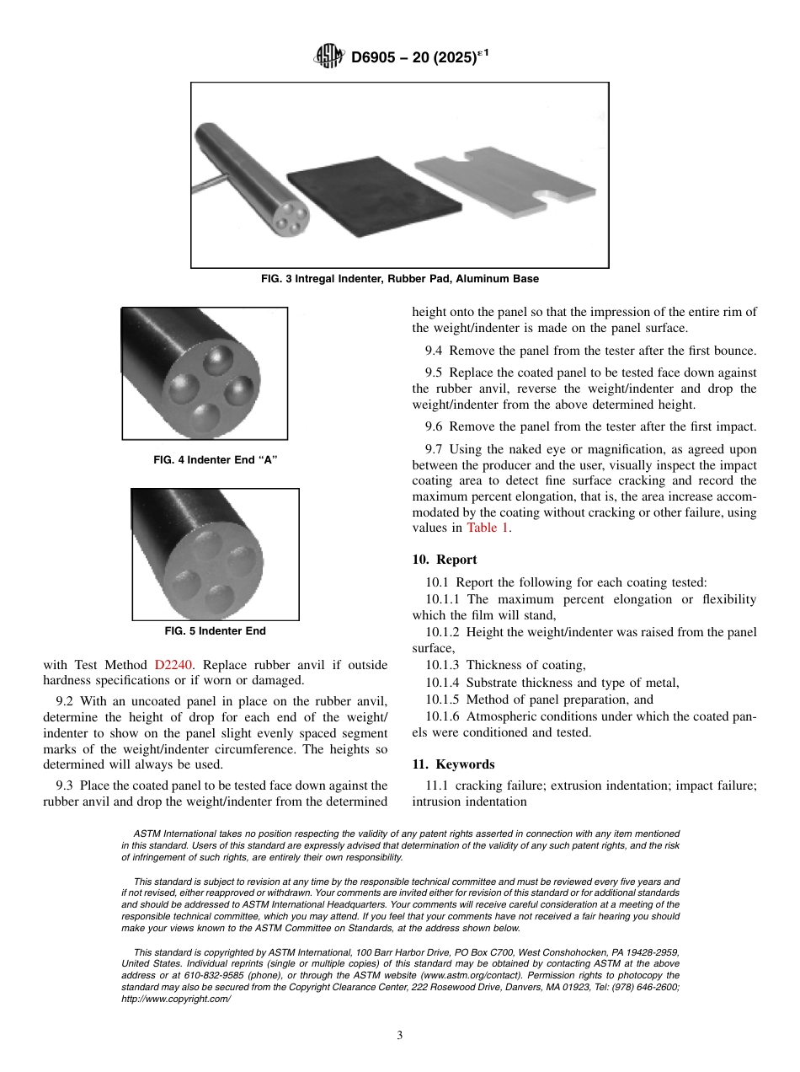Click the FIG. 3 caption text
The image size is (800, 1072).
click(399, 278)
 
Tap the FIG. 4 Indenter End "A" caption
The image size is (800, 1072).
click(215, 460)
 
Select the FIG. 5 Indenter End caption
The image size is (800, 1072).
click(215, 630)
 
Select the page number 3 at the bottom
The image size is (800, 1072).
click(400, 1036)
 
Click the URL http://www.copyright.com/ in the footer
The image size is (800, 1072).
click(176, 998)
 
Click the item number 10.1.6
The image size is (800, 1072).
click(442, 716)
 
